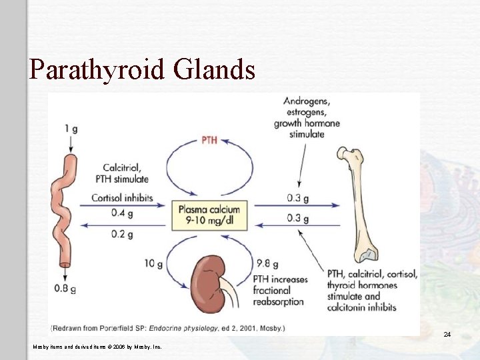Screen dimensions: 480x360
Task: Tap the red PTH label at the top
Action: point(209,140)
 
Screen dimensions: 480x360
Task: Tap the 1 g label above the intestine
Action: point(71,129)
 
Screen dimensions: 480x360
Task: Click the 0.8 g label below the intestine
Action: point(64,289)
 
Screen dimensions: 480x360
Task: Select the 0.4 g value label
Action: point(121,213)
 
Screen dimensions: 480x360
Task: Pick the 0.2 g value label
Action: point(121,234)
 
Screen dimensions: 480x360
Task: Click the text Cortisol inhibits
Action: point(122,198)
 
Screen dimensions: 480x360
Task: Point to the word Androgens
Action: point(307,101)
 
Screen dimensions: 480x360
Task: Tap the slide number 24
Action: point(447,333)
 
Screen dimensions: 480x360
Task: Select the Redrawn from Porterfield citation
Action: point(167,328)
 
